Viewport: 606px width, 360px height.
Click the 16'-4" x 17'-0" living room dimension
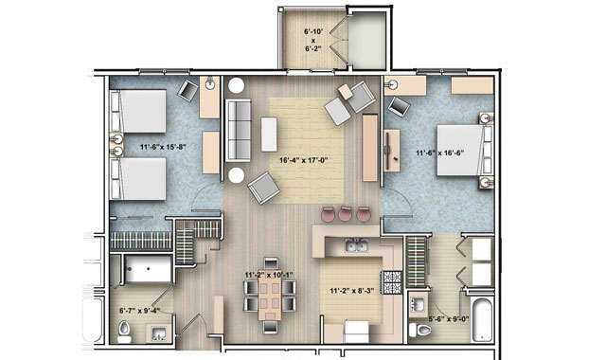(x=303, y=160)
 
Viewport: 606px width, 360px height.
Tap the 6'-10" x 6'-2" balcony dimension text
(x=312, y=40)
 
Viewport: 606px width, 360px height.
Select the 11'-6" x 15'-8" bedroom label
(x=163, y=147)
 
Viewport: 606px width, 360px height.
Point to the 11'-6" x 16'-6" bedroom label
(x=439, y=153)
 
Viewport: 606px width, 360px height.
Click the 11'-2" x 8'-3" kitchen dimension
(x=351, y=291)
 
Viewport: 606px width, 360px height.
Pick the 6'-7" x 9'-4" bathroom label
(x=139, y=310)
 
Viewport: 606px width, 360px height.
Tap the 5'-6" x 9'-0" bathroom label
(x=449, y=319)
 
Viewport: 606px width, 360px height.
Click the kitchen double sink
(x=356, y=245)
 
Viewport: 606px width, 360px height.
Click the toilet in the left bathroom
(x=124, y=331)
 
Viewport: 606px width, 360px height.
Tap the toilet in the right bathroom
(x=420, y=331)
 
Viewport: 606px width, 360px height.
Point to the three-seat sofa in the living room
(x=238, y=131)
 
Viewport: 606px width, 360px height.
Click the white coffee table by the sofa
(x=269, y=135)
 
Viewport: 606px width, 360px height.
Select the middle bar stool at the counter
(x=345, y=214)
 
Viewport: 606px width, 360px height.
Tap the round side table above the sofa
(x=236, y=85)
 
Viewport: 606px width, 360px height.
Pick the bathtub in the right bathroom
(x=482, y=319)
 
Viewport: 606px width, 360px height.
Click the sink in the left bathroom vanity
(x=159, y=333)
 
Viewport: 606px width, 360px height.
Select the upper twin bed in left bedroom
(x=138, y=112)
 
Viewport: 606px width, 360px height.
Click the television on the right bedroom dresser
(x=388, y=150)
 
